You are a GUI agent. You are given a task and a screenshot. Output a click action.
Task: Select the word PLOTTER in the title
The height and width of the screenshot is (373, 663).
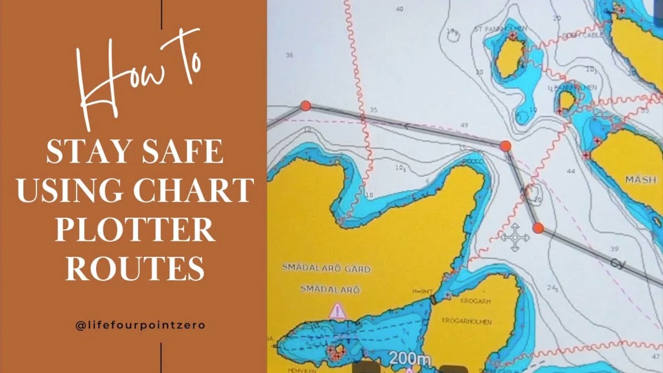pyautogui.click(x=135, y=231)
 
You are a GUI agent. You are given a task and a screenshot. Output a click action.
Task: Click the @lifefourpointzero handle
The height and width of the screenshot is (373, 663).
pyautogui.click(x=140, y=325)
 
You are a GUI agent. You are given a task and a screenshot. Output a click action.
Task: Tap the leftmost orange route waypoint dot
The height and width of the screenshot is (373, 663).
pyautogui.click(x=306, y=106)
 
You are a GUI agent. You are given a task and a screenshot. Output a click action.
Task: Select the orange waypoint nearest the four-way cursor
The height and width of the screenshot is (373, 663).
pyautogui.click(x=538, y=228)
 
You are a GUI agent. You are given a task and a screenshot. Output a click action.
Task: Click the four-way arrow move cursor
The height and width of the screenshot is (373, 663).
pyautogui.click(x=515, y=238)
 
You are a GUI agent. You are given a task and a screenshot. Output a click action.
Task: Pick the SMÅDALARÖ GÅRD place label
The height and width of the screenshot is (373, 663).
pyautogui.click(x=326, y=268)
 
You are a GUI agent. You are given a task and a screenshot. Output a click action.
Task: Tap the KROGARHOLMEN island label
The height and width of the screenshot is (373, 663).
pyautogui.click(x=466, y=321)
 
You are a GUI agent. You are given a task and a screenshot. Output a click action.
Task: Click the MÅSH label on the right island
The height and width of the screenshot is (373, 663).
pyautogui.click(x=640, y=180)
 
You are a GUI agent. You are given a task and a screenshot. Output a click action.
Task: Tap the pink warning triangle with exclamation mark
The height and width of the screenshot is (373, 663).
pyautogui.click(x=338, y=311)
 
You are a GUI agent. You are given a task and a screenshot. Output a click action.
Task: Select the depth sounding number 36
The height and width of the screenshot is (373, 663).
pyautogui.click(x=289, y=55)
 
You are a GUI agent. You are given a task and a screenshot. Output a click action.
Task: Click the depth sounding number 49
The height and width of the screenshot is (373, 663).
pyautogui.click(x=464, y=125)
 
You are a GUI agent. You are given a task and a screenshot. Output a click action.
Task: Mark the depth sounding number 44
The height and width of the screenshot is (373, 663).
pyautogui.click(x=571, y=171)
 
